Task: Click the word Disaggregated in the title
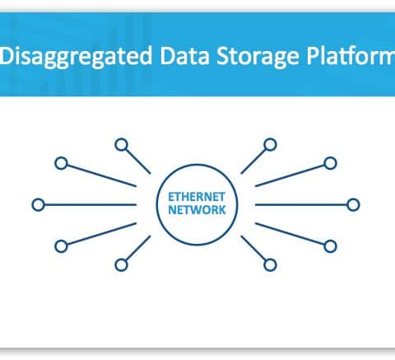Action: point(77,57)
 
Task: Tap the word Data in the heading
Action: point(184,55)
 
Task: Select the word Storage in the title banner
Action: point(258,57)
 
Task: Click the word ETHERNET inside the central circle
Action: point(197,197)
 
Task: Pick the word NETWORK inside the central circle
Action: point(197,210)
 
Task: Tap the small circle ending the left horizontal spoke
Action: point(39,205)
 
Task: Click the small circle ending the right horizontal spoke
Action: point(353,205)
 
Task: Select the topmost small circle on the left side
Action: point(122,145)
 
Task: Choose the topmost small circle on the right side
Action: point(270,145)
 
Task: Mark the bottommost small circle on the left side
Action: point(121,265)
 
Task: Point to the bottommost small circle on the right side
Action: point(270,265)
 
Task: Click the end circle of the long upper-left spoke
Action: point(61,163)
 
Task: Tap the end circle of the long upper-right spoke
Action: point(330,163)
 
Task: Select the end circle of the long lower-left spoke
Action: point(62,246)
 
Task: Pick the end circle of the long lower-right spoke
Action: point(330,246)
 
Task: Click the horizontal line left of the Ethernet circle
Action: point(91,205)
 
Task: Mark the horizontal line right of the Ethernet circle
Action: point(301,205)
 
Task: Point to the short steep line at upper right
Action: point(253,161)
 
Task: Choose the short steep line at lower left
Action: point(138,248)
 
